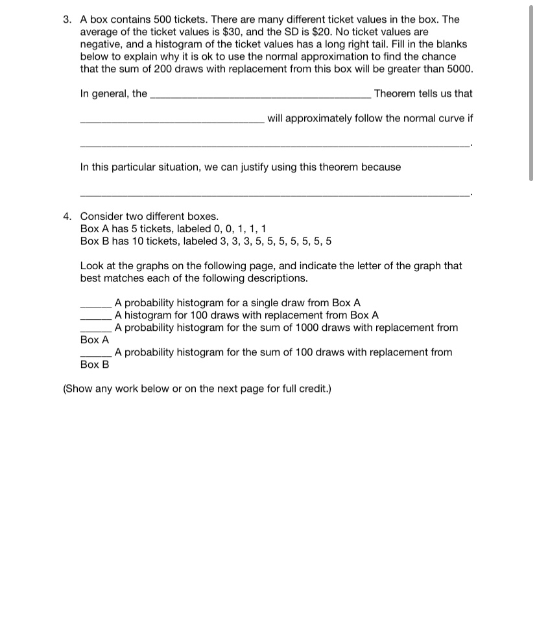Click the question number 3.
pyautogui.click(x=67, y=19)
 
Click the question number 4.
pyautogui.click(x=67, y=216)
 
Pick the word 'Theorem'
pyautogui.click(x=396, y=93)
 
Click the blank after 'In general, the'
pyautogui.click(x=261, y=96)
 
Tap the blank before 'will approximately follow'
pyautogui.click(x=172, y=121)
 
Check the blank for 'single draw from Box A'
pyautogui.click(x=96, y=305)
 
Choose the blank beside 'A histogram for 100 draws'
pyautogui.click(x=96, y=317)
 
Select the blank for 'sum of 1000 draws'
pyautogui.click(x=96, y=330)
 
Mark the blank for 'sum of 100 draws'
pyautogui.click(x=96, y=354)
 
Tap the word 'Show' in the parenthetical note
pyautogui.click(x=80, y=389)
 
